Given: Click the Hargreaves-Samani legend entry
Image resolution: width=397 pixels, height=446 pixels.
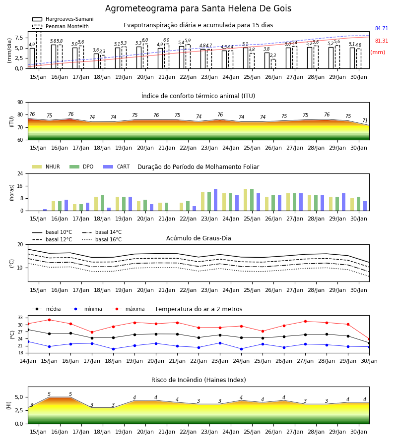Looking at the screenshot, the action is tap(63, 19).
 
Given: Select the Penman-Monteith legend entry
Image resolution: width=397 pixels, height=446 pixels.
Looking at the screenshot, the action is tap(61, 26).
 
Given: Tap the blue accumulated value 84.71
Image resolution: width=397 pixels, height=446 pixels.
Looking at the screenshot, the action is tap(382, 28).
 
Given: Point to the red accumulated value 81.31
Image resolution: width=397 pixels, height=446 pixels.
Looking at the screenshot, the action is tap(382, 41).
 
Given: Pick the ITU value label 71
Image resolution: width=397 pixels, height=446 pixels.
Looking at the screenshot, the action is tap(365, 120).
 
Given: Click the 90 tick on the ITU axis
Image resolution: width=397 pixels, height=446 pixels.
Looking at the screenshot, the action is tap(20, 103).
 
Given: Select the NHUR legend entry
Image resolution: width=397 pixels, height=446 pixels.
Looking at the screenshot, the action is tap(46, 167).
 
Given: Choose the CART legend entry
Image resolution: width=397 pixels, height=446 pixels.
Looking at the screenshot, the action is tap(117, 167).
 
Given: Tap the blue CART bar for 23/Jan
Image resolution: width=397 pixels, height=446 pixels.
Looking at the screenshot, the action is tap(215, 200).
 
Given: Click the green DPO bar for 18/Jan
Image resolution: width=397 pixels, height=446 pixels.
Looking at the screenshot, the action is tap(103, 203).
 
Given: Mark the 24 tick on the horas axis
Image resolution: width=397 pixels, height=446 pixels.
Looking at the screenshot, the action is tap(20, 174).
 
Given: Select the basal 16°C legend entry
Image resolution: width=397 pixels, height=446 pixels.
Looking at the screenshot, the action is tap(102, 239).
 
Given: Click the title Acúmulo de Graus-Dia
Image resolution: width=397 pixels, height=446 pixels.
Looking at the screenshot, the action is tap(198, 238).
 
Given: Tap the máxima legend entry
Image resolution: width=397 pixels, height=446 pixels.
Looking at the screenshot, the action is tap(128, 309).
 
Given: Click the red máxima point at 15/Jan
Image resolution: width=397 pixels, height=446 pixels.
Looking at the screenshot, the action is tap(49, 320).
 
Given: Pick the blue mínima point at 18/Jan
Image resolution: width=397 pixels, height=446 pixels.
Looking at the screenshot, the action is tap(113, 349).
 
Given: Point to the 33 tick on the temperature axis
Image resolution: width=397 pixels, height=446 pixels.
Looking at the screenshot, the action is tap(20, 318).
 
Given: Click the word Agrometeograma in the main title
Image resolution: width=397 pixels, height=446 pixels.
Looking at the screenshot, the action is tap(141, 8).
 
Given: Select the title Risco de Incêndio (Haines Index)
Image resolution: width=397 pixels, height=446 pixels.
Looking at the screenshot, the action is tap(198, 380).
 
